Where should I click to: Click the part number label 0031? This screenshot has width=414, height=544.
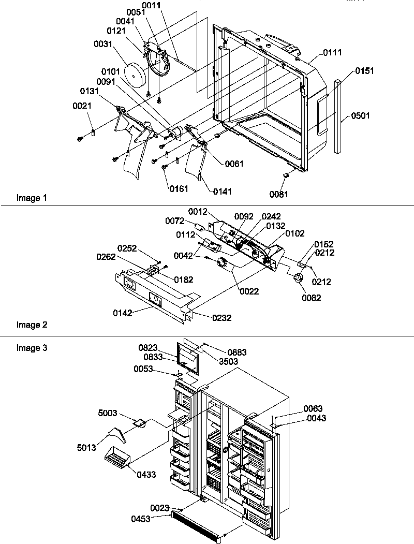tap(103, 45)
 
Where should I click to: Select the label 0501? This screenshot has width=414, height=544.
tap(361, 116)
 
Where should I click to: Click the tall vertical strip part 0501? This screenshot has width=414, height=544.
tap(338, 116)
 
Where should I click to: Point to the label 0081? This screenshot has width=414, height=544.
tap(279, 194)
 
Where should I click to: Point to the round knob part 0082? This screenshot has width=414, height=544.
tap(299, 278)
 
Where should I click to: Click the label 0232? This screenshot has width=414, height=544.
tap(221, 317)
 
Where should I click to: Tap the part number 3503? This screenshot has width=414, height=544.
tap(228, 361)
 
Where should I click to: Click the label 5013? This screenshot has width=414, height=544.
tap(87, 447)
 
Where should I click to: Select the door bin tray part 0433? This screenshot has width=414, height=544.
tap(116, 458)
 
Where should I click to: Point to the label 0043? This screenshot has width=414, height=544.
tap(316, 418)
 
